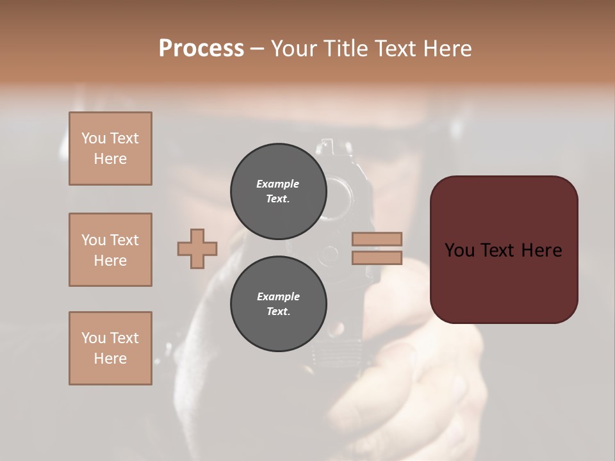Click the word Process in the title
[201, 49]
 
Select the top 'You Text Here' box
[110, 149]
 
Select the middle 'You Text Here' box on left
[110, 250]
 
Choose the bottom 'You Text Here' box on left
[110, 348]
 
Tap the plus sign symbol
[197, 249]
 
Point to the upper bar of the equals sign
[377, 239]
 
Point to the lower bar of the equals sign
[377, 258]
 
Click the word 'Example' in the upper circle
[278, 184]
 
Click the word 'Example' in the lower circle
[278, 296]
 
